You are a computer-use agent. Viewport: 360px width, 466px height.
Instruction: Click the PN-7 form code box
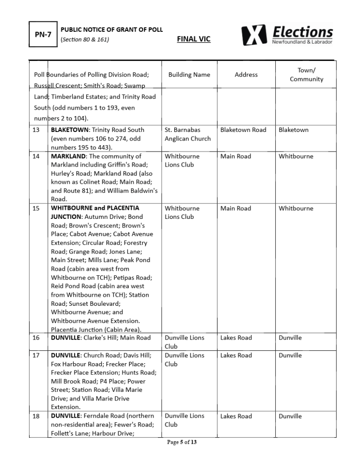(x=43, y=34)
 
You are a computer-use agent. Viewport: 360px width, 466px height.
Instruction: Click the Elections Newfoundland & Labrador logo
(x=287, y=35)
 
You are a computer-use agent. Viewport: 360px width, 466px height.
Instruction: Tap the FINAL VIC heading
(x=193, y=39)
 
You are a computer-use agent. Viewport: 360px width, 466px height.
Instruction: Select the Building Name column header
(x=189, y=75)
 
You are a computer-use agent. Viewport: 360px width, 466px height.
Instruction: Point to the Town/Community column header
(x=306, y=75)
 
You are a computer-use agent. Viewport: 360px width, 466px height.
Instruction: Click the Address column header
(x=246, y=75)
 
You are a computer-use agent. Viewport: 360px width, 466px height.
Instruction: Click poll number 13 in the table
(x=36, y=130)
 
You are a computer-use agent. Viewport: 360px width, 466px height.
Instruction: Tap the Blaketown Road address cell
(x=243, y=130)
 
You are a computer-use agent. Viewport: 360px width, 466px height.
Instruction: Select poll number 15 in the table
(x=36, y=208)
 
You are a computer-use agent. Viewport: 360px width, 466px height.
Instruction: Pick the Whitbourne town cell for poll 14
(x=296, y=157)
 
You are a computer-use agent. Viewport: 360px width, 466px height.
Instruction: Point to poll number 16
(x=36, y=338)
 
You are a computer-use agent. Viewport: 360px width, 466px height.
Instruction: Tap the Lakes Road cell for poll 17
(x=236, y=355)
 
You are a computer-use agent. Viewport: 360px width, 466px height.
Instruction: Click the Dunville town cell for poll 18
(x=290, y=416)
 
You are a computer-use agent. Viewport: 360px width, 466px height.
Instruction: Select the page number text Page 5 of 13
(x=182, y=442)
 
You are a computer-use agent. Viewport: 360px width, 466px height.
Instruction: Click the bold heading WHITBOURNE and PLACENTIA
(x=95, y=208)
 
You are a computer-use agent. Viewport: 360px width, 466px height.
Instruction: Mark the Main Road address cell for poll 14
(x=235, y=157)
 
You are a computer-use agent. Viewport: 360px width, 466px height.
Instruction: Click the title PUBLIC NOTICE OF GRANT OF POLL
(x=112, y=30)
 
